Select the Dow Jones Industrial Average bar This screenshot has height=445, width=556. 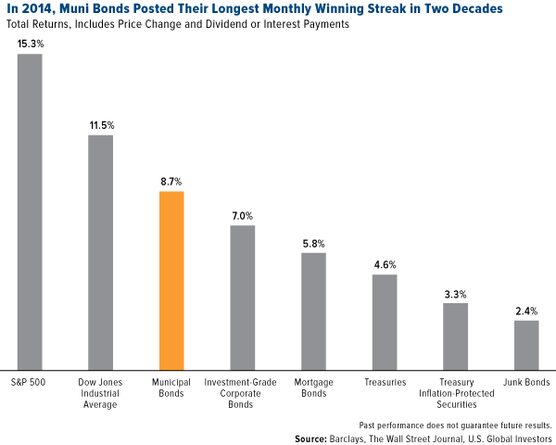tap(101, 251)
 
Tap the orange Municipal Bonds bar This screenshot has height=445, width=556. tap(171, 279)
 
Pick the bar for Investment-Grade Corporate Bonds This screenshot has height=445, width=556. tap(243, 297)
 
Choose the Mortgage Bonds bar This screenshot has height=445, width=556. tap(313, 310)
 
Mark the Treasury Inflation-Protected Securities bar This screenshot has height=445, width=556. tap(455, 335)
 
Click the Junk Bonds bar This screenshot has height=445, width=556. tap(526, 344)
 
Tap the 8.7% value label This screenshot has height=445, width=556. tap(171, 182)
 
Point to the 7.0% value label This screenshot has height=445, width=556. tap(243, 215)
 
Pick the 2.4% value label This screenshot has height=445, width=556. tap(526, 311)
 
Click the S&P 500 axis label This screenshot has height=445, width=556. tap(30, 382)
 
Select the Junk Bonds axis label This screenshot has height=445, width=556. tap(526, 382)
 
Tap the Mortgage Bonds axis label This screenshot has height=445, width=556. tap(313, 388)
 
